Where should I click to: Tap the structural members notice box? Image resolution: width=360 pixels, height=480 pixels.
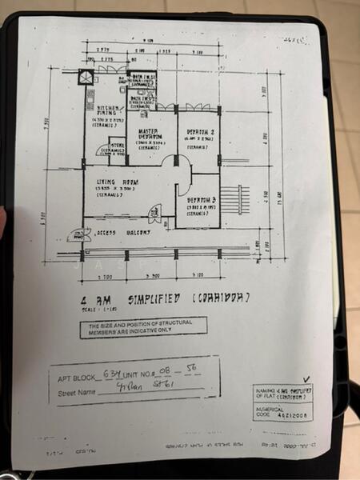143,326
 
